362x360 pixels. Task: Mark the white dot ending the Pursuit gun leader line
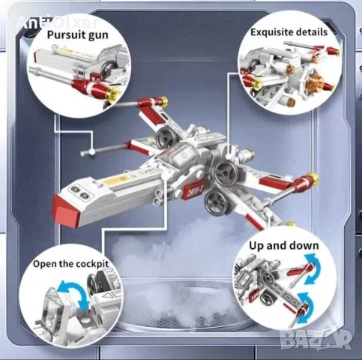tap(91, 152)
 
